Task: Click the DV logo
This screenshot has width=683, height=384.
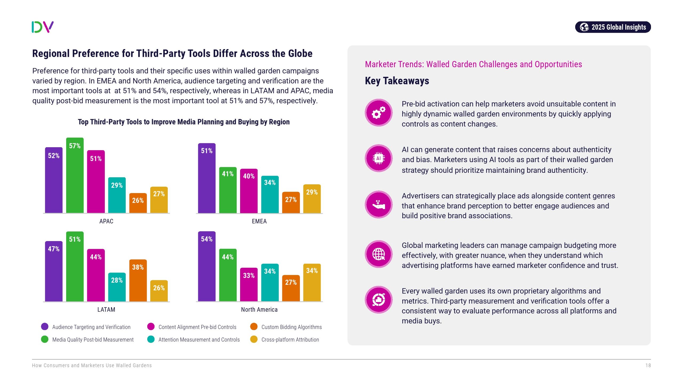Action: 43,27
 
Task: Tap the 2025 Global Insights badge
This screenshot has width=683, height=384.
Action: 613,27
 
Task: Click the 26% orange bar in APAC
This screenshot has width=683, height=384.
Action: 138,203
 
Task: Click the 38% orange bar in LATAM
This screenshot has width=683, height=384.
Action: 138,280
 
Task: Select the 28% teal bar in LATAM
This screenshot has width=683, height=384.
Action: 117,287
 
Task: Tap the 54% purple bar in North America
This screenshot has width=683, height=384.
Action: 207,266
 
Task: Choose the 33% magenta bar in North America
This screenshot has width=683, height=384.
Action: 249,285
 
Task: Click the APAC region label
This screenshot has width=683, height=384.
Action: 106,221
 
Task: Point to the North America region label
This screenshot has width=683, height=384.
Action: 259,310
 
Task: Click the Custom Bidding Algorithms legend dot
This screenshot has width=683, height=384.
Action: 254,327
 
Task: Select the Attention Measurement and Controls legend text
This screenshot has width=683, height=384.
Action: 199,340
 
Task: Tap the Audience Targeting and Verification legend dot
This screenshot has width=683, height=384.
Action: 45,327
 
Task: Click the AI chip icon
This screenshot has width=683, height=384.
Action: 378,158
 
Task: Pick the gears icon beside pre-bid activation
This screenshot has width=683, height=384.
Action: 378,113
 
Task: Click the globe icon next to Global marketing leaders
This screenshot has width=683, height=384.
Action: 378,254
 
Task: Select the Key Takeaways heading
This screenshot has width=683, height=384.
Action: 397,81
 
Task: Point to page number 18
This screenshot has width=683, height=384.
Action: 648,366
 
